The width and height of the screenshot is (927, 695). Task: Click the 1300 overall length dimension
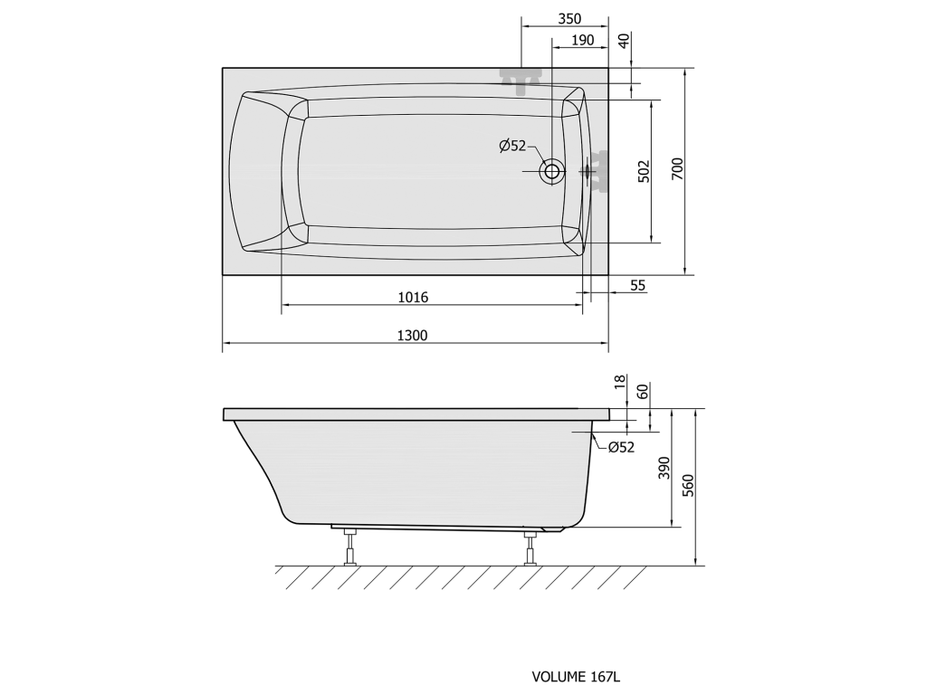tap(412, 336)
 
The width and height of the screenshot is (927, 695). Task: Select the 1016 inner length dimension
tap(413, 297)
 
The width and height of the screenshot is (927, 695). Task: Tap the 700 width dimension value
tap(677, 169)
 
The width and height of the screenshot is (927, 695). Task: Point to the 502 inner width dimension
tap(644, 171)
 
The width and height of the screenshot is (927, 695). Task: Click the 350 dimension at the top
tap(570, 19)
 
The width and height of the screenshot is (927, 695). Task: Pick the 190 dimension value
tap(582, 40)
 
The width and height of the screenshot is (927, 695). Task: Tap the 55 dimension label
tap(638, 286)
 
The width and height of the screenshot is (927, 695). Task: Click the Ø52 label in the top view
tap(512, 146)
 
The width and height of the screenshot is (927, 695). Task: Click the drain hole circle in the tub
tap(552, 171)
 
